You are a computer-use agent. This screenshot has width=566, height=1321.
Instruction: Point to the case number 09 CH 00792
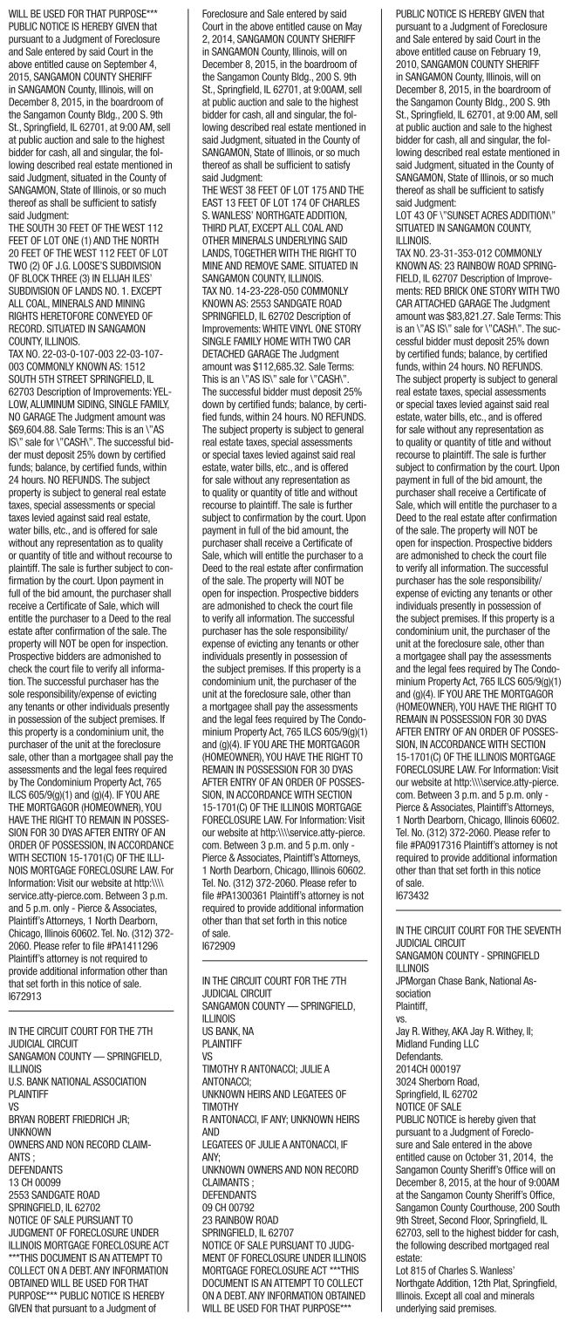[x=231, y=1169]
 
